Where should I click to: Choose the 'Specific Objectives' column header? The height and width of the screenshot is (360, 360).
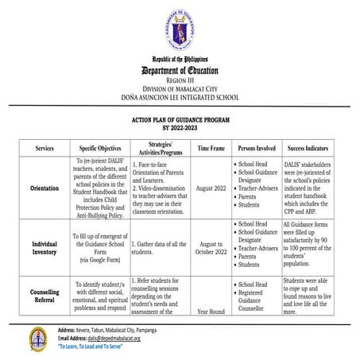tap(99, 149)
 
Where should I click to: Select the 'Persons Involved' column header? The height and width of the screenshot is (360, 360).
tap(255, 149)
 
